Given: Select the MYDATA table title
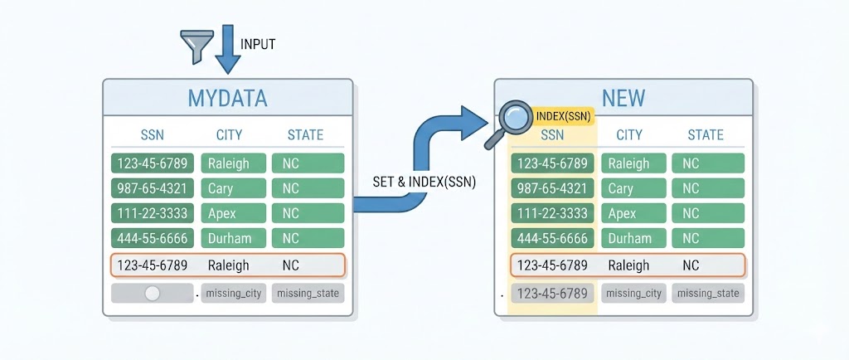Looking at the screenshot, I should [x=227, y=99].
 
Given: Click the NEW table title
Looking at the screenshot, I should [x=623, y=99].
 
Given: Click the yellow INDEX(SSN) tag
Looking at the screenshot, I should [x=564, y=116].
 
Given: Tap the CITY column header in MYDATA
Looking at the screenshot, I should [x=229, y=135].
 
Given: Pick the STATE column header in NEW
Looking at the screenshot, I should [x=706, y=135].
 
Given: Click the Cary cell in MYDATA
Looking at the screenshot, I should [x=233, y=188].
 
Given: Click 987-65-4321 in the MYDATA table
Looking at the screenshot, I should [x=153, y=188].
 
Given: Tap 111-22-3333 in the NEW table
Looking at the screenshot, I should [x=552, y=213].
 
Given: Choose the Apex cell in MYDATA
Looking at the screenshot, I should [x=233, y=213].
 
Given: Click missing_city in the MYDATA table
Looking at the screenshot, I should [x=234, y=293].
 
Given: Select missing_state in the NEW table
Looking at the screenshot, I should [x=707, y=293].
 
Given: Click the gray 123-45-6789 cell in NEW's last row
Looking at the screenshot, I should [x=552, y=293].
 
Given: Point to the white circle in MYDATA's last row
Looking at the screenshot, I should [x=152, y=293].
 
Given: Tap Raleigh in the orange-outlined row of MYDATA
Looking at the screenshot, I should [x=228, y=265].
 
